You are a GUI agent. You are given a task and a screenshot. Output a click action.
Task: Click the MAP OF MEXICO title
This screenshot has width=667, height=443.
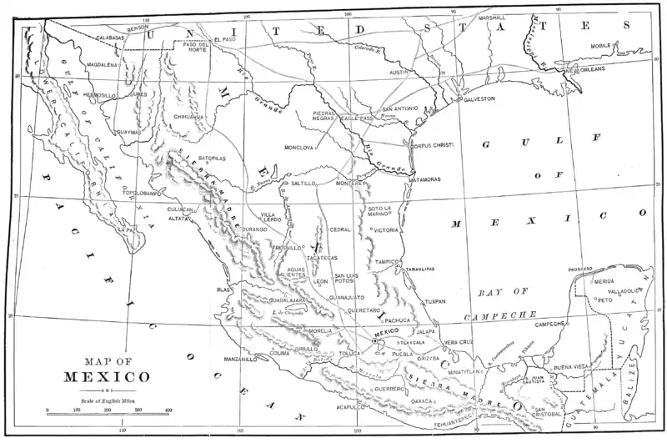click(106, 368)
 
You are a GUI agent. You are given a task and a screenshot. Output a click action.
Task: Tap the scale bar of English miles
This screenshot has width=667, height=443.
click(108, 410)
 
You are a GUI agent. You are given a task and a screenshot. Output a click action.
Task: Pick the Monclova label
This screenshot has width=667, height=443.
click(298, 148)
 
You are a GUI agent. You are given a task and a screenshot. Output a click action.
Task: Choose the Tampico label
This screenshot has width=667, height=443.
click(388, 261)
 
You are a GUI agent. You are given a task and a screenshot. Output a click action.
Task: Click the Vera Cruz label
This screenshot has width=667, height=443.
click(459, 342)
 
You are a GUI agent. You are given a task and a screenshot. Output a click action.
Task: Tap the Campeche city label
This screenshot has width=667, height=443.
click(551, 324)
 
